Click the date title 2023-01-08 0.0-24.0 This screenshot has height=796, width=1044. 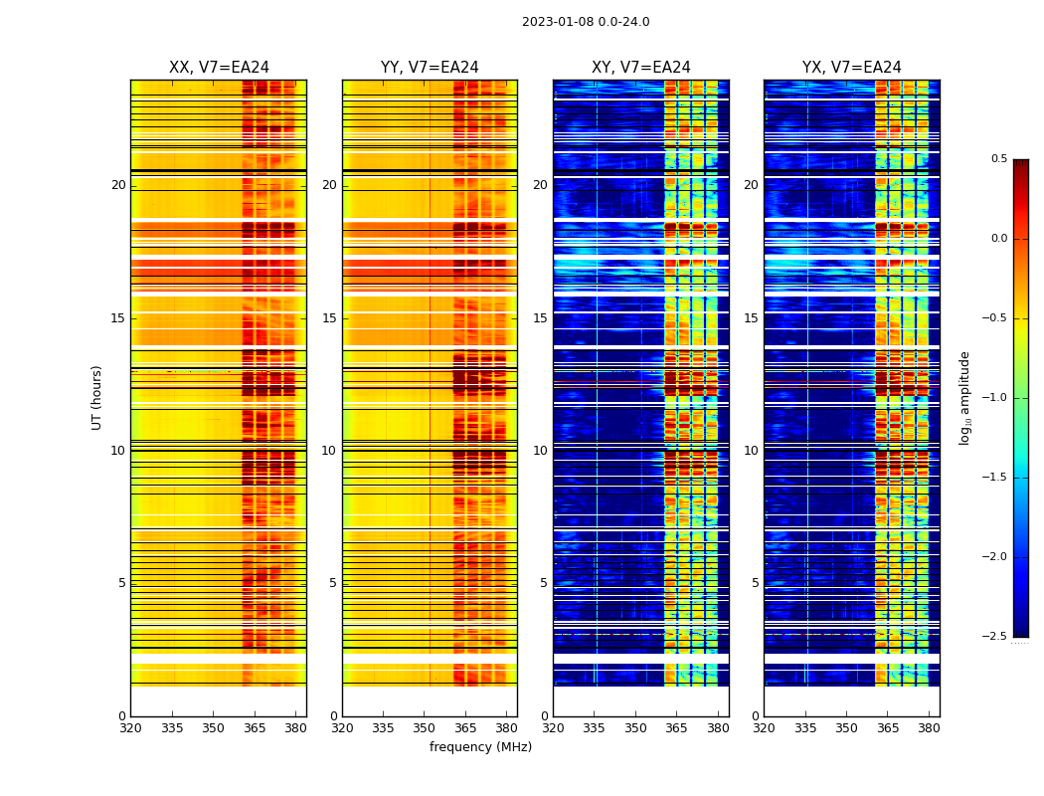tap(586, 22)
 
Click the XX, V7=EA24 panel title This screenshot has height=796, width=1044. tap(219, 68)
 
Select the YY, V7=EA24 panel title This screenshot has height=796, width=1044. tap(430, 68)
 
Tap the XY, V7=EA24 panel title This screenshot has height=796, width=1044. tap(640, 68)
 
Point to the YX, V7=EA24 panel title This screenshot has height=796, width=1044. tap(851, 68)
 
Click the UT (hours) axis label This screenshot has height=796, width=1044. tap(97, 397)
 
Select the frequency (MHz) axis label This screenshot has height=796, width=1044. tap(480, 747)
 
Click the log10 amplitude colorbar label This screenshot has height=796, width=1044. tap(964, 397)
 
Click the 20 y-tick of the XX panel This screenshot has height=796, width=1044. tap(118, 185)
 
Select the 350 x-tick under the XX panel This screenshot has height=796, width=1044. tap(213, 727)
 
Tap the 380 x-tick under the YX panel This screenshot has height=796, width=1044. tap(929, 727)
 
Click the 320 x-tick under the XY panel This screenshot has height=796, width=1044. tap(553, 727)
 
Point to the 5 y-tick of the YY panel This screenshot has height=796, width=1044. tap(332, 583)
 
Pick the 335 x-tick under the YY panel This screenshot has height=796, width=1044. tap(383, 727)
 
